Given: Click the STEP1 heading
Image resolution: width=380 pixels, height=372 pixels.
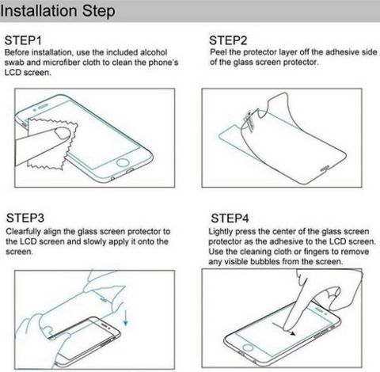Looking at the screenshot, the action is (23, 40).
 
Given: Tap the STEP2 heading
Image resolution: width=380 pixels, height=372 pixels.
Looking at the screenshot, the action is (228, 40).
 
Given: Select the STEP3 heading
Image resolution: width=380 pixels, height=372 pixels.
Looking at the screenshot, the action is (25, 218).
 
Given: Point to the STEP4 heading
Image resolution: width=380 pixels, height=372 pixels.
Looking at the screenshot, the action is (230, 218).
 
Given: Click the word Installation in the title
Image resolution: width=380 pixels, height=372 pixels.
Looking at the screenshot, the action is (39, 10).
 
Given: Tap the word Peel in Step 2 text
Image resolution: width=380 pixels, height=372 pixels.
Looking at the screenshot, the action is (218, 52).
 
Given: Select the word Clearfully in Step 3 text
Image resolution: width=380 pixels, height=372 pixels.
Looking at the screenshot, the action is (24, 232).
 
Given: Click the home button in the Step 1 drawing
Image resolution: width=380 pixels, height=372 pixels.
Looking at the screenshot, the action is (123, 162).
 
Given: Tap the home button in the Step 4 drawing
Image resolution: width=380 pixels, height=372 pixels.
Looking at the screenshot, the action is (248, 347).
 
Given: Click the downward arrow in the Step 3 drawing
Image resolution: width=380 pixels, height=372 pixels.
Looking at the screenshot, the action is (126, 317).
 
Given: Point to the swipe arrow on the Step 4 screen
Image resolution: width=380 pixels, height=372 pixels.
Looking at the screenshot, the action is (283, 328).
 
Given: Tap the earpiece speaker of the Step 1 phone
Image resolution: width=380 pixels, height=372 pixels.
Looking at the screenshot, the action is (44, 106).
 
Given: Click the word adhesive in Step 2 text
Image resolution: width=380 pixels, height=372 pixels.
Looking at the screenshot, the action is (342, 52).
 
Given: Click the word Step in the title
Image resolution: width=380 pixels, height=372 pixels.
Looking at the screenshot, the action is (98, 11).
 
